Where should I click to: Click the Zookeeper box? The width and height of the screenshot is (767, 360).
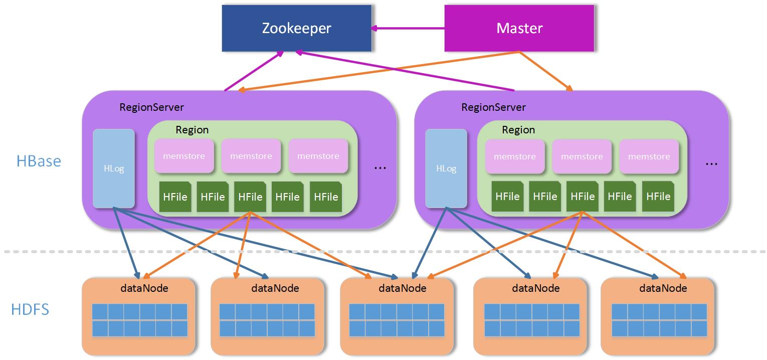(297, 28)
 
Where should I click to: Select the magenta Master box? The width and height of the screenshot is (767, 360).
(519, 28)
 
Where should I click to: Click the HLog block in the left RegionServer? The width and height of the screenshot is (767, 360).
(114, 168)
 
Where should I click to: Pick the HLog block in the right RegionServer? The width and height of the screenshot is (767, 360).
(446, 168)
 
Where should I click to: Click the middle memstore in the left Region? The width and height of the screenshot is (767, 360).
(251, 156)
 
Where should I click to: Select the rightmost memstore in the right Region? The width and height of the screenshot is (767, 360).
(649, 156)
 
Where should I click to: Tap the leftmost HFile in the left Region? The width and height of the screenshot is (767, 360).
(175, 197)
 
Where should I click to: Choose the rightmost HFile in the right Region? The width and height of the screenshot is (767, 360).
(658, 196)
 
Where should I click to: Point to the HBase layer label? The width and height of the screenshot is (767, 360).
(39, 161)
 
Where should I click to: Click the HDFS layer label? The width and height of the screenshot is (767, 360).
(30, 309)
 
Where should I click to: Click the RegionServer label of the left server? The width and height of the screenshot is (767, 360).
(151, 107)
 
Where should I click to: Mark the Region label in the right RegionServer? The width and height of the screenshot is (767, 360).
(518, 130)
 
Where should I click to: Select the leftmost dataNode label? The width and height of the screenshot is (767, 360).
(144, 288)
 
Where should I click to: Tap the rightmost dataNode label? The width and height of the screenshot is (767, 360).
(663, 288)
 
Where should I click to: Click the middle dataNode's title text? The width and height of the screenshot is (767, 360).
(403, 288)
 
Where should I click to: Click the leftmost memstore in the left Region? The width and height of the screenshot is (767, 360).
(184, 156)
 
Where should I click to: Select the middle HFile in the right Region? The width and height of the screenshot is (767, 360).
(583, 196)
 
